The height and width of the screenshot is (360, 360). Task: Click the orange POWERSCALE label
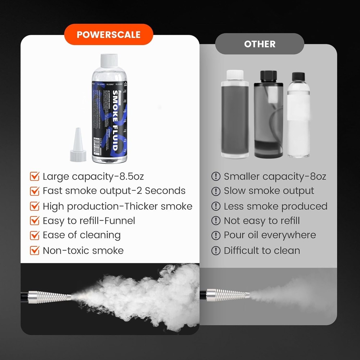coord(108,35)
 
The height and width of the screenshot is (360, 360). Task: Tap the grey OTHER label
coord(260,44)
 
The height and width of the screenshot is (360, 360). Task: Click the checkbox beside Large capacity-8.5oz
coord(35,176)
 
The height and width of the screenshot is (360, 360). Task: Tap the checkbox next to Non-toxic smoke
coord(35,251)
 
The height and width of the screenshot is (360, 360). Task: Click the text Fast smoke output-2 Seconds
coord(114,191)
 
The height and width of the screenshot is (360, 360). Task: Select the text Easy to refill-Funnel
coord(89,221)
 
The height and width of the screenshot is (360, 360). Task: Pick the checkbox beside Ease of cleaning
coord(35,235)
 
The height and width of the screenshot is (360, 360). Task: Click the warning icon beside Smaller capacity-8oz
coord(216,176)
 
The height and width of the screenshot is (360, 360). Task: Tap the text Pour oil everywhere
coord(270,235)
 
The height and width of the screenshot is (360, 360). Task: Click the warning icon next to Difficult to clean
coord(216,251)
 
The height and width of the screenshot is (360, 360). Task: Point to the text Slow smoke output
coord(269,191)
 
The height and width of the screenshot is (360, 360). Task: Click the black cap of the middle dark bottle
coord(267,76)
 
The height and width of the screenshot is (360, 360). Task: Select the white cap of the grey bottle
coord(235,75)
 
